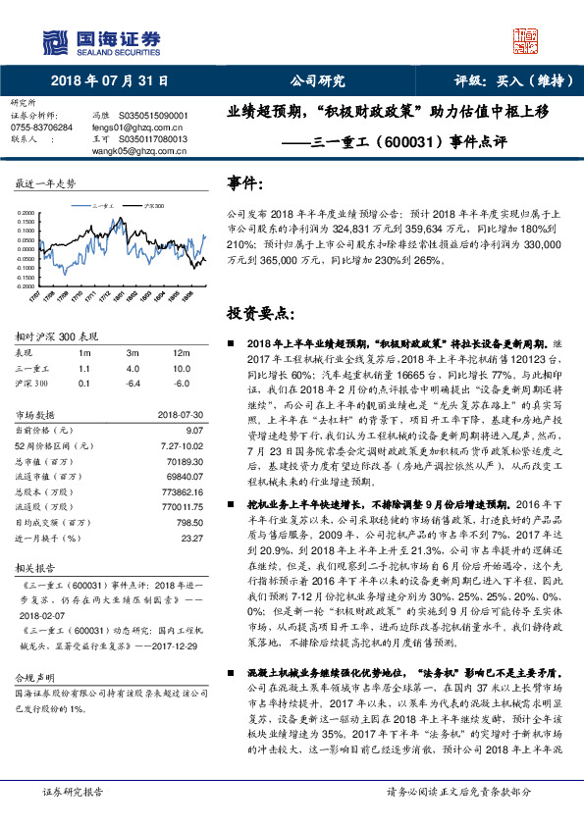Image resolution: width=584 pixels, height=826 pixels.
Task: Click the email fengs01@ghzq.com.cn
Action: click(125, 128)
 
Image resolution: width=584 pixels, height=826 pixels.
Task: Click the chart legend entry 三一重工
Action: click(105, 208)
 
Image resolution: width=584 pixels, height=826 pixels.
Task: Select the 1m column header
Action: click(85, 352)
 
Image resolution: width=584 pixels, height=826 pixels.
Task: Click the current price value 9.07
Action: click(192, 431)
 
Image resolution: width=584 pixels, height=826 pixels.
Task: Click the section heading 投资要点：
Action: click(260, 314)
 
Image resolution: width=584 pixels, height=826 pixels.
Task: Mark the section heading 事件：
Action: click(245, 183)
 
